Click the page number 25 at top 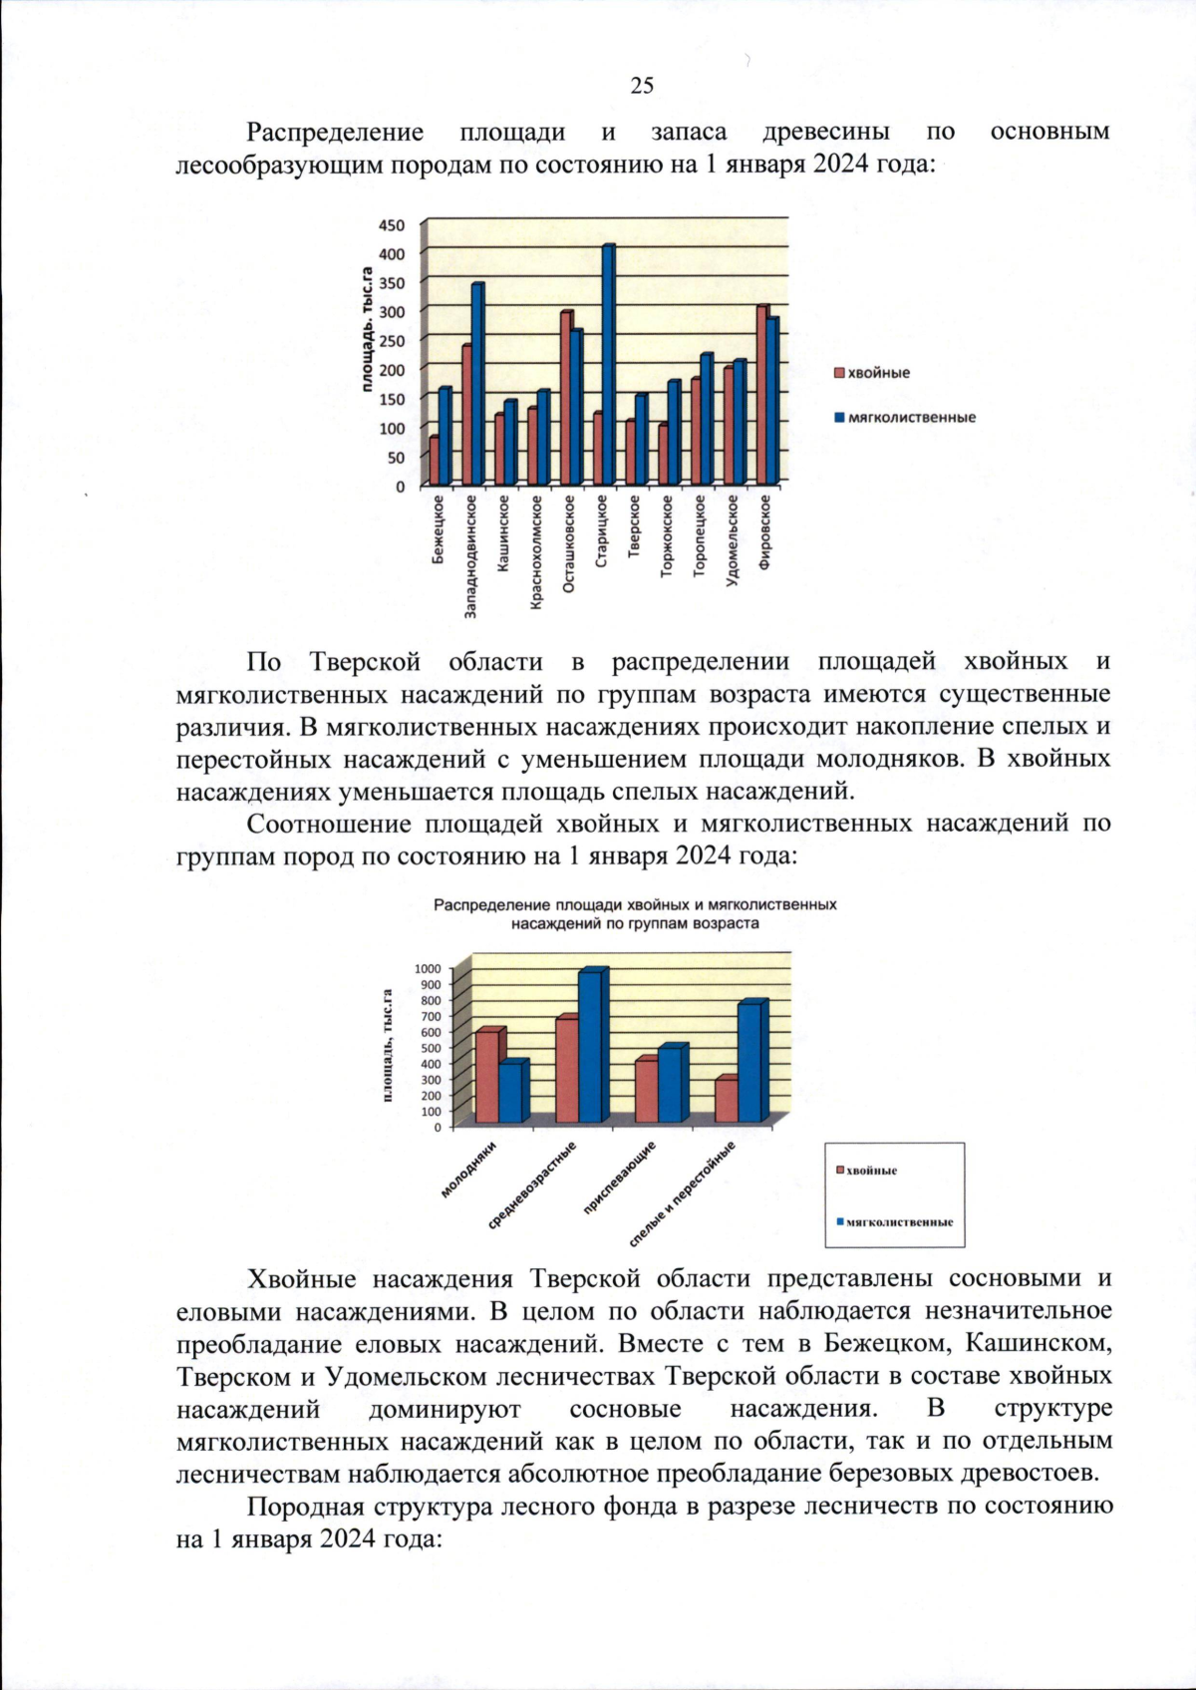[x=642, y=86]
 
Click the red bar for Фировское [x=761, y=395]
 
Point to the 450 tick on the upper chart [x=392, y=225]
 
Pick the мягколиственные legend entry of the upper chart [x=910, y=418]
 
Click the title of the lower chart [x=635, y=914]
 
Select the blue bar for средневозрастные [x=589, y=1047]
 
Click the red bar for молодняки [x=486, y=1077]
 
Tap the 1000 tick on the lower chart [x=427, y=968]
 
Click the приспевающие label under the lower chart [x=620, y=1178]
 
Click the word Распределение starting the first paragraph [x=335, y=133]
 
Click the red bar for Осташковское [x=565, y=399]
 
